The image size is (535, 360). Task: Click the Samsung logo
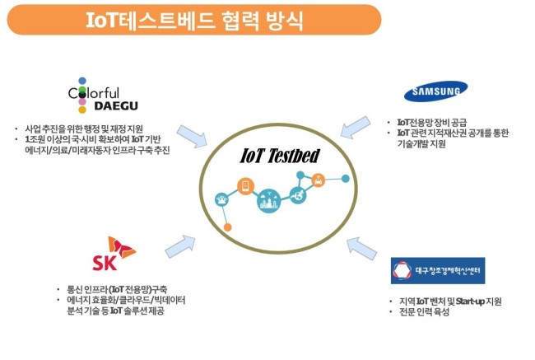click(x=435, y=91)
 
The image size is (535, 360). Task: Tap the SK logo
click(x=114, y=254)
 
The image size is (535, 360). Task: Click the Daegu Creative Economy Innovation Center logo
click(x=438, y=270)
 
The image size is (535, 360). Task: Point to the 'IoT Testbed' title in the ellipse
click(x=280, y=156)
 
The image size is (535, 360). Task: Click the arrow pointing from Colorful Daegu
click(x=192, y=136)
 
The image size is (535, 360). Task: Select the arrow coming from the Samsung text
click(x=356, y=127)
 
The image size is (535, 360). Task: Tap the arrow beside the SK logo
click(x=180, y=246)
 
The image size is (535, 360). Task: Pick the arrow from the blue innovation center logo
click(x=361, y=248)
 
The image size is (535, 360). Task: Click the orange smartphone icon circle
click(x=245, y=186)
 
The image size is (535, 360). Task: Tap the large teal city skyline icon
click(x=269, y=201)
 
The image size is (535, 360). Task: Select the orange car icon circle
click(x=318, y=180)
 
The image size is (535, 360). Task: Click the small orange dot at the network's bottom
click(x=227, y=227)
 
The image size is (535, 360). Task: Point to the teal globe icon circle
click(x=298, y=195)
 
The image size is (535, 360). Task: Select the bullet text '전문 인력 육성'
click(x=424, y=312)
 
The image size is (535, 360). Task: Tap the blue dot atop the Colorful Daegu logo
click(x=82, y=81)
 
